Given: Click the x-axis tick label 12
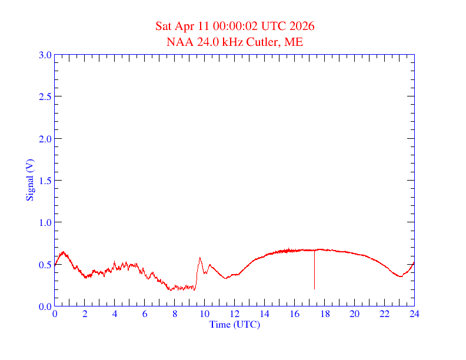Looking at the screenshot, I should tap(235, 315).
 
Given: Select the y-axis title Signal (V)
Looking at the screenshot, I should tap(29, 180).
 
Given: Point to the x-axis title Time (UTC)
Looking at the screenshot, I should tap(235, 324).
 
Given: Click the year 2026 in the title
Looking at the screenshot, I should tap(302, 26).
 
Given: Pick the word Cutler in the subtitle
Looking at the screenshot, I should tap(266, 42).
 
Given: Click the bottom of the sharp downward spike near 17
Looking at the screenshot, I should tap(314, 288).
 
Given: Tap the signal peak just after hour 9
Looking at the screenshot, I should tap(200, 258).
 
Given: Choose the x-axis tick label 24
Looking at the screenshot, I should tap(414, 315).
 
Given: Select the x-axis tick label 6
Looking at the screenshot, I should tap(145, 315).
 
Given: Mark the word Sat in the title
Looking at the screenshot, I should tap(164, 26).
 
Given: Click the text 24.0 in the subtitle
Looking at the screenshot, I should tap(204, 42).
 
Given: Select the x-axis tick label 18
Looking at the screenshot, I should tap(325, 315).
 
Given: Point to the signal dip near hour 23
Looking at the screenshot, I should tap(401, 276).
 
